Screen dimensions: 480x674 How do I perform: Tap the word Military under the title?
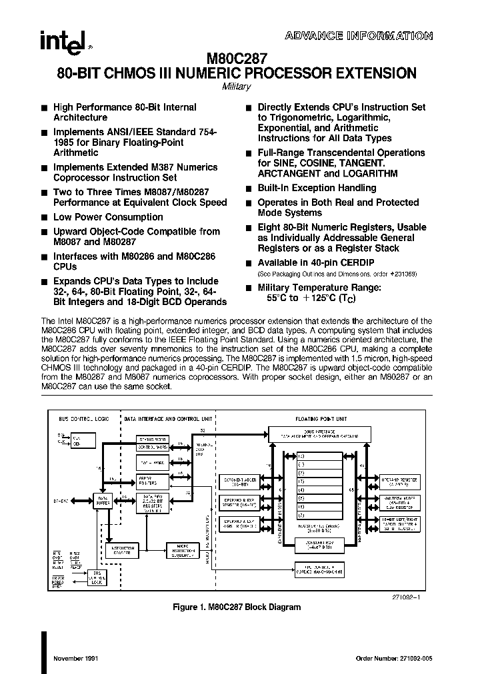235,87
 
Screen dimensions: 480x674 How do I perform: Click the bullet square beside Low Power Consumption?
44,217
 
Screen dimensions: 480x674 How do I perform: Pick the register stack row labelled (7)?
320,515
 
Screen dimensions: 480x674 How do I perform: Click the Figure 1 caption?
237,607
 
